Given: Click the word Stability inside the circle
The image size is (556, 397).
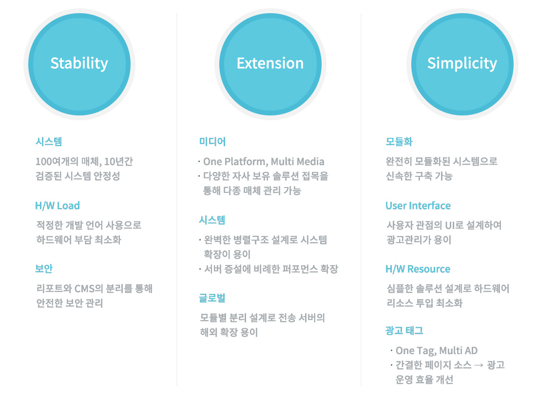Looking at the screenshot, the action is (79, 63).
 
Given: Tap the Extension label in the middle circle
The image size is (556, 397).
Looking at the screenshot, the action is (270, 63).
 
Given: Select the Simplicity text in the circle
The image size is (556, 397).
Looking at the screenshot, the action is (462, 63).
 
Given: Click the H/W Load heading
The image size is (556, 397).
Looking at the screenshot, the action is (58, 206).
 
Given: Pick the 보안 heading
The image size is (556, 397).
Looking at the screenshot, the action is (44, 269).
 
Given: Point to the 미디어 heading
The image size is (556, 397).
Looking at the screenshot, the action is (212, 142).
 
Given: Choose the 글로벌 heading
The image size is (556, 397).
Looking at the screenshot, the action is (212, 298).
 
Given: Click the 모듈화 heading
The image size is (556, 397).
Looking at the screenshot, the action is (399, 142).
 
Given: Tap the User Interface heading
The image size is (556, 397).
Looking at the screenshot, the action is (418, 206).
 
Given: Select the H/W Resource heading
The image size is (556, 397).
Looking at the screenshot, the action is (418, 269).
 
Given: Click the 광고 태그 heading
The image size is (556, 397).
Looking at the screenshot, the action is (404, 331).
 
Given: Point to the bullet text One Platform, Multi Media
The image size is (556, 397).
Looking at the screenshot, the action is (264, 162).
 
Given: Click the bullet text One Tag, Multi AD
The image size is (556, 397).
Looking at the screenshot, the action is (437, 351).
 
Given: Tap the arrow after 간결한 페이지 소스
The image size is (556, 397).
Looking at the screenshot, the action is (479, 365).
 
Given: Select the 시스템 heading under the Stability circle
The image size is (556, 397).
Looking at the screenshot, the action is (49, 142).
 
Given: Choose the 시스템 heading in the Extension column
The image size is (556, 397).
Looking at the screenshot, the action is (212, 220).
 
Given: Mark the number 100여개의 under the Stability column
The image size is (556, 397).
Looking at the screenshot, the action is (57, 162).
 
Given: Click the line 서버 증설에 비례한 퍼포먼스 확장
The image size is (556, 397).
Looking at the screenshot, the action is (271, 269).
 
